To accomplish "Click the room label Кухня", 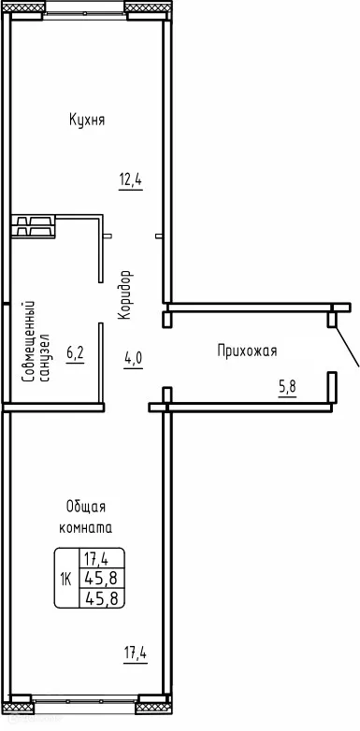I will [86, 120].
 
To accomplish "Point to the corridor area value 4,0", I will [134, 356].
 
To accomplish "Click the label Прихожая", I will [247, 351].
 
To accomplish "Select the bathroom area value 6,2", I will [76, 354].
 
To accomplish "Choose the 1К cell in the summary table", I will [66, 579].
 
